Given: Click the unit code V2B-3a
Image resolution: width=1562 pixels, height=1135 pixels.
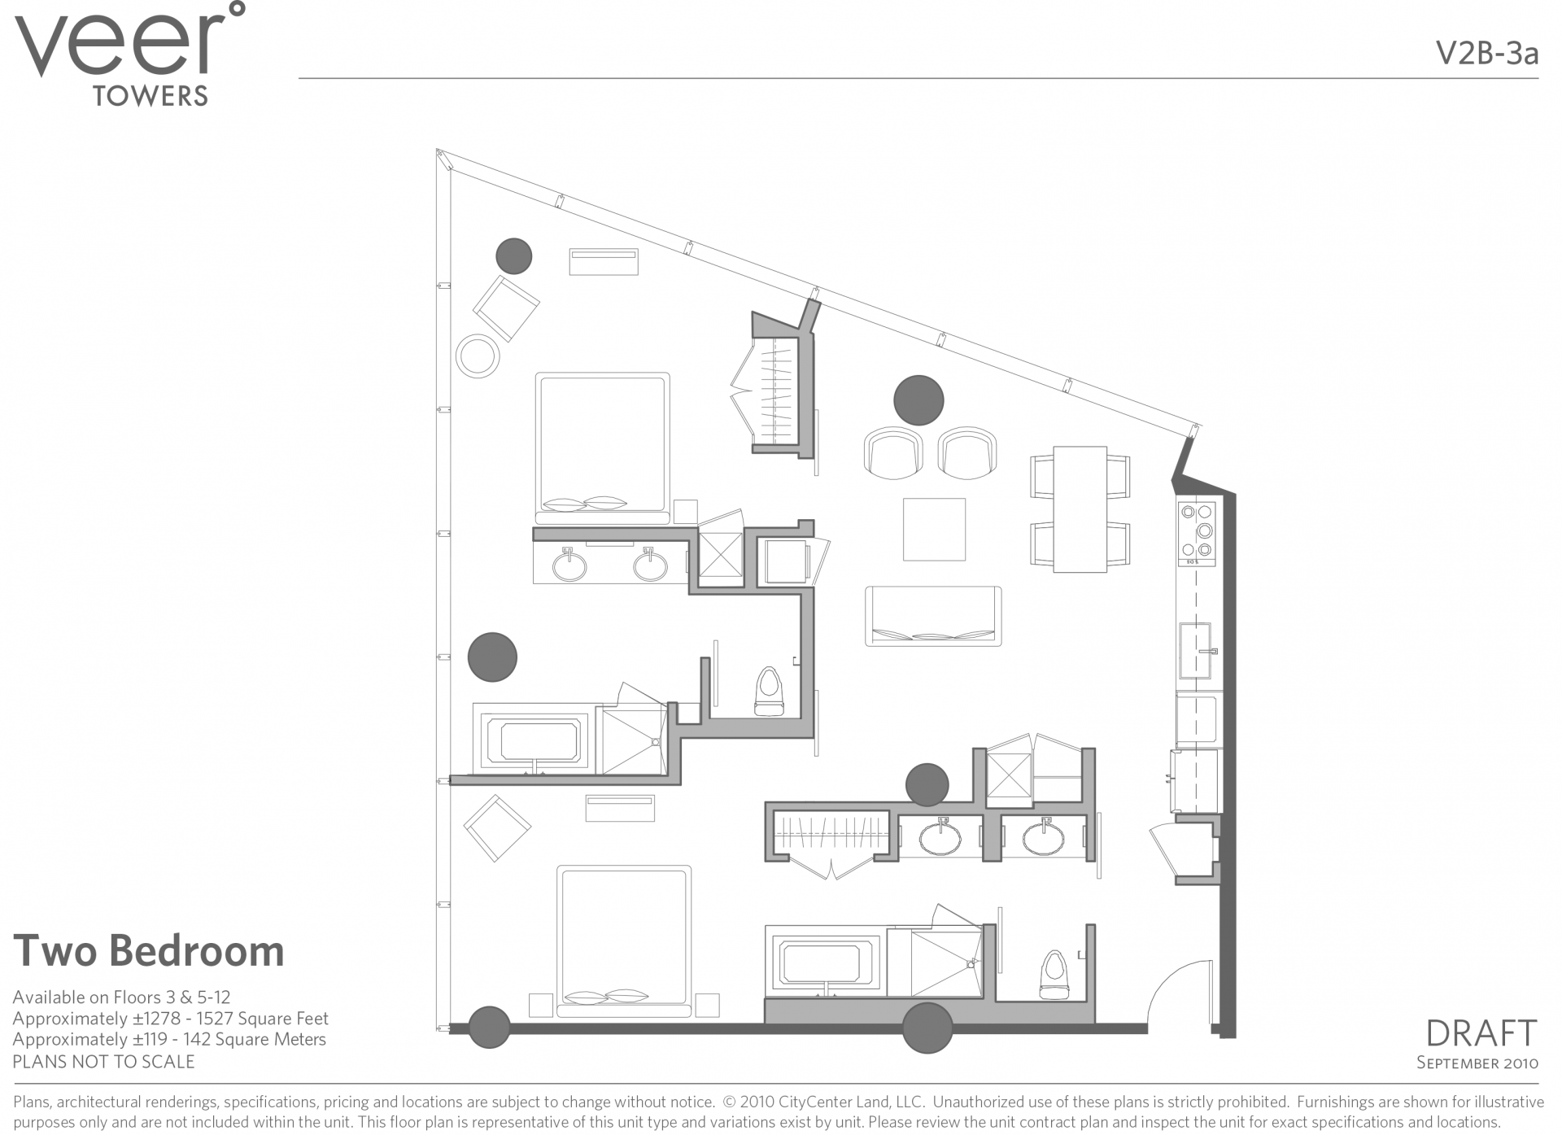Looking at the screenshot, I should pos(1486,54).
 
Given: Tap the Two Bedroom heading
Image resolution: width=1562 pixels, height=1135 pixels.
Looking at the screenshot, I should pos(149,950).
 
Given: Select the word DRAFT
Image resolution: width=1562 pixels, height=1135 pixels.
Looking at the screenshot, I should pos(1481,1033).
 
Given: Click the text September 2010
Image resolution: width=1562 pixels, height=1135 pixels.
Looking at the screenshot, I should pos(1477,1063).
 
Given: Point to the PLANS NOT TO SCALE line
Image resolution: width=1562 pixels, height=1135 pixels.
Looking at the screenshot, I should pos(103,1062).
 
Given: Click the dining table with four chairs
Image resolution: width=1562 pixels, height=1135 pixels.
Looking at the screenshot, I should pos(1080,509).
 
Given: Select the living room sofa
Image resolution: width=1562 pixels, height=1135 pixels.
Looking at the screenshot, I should pos(933,616).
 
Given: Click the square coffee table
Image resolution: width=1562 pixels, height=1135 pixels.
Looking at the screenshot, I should pos(934,530).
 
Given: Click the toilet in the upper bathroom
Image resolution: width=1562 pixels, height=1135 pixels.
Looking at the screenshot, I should pos(769,691).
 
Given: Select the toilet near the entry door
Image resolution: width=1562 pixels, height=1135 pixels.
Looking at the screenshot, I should pos(1054,974).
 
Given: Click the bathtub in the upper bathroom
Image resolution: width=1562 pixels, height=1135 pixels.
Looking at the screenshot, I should pos(534,741).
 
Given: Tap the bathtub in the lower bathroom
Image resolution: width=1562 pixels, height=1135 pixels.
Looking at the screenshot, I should pos(825,962).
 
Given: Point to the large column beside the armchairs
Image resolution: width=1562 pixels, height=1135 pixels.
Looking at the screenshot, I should pos(918,400).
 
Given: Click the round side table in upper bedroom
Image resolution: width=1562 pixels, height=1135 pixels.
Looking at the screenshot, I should pos(478,356).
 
